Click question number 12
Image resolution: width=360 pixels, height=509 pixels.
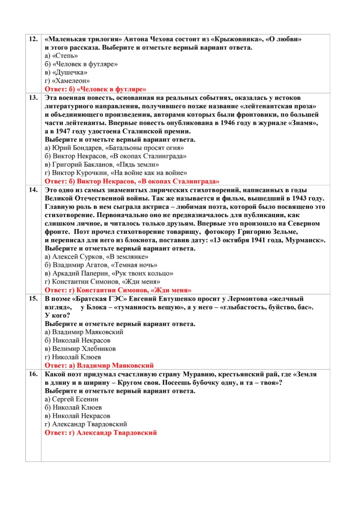33,39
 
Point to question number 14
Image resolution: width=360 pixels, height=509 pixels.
33,190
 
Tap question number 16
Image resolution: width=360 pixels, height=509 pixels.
33,374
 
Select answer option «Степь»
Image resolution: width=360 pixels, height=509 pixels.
61,56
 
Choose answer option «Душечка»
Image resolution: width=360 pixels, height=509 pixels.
66,73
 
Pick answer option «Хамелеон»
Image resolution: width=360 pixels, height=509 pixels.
68,81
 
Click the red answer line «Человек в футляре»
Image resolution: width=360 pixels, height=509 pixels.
95,89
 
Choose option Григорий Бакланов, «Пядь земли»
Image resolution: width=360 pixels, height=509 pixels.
102,165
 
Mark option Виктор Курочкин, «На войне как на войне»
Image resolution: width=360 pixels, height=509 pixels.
116,173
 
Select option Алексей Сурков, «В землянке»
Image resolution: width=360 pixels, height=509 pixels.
97,257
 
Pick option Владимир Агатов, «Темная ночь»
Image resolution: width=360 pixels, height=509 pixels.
101,265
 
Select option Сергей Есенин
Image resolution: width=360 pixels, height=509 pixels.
72,399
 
